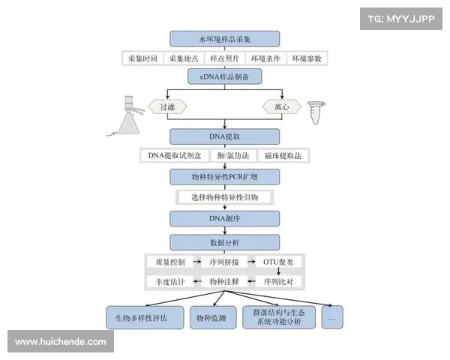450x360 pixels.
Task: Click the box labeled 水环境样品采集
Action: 225,39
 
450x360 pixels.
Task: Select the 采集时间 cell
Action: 142,58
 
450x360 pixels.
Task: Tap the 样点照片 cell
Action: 225,58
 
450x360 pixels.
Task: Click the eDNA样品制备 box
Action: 225,76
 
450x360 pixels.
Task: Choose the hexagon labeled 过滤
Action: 167,106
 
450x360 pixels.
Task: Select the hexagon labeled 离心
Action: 281,106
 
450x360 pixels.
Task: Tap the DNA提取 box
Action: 225,136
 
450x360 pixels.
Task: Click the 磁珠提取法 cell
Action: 286,156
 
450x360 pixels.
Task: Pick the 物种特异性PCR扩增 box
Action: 225,177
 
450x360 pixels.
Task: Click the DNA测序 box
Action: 225,218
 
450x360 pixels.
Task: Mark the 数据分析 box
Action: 225,242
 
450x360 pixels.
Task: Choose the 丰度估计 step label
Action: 166,281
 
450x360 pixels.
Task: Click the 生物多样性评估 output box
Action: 142,317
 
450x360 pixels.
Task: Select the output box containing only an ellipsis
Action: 331,317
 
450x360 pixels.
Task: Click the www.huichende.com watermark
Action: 61,342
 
